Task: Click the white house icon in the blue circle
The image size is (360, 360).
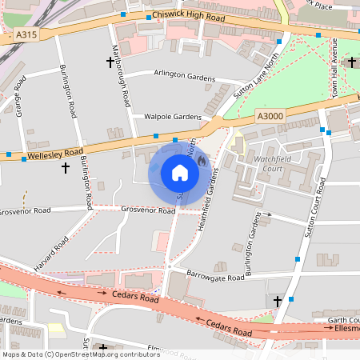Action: (x=180, y=173)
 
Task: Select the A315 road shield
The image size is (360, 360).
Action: (x=26, y=35)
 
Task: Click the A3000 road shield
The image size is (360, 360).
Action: (x=270, y=117)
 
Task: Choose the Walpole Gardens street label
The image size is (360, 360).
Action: (x=172, y=117)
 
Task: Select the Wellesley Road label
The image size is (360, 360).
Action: (x=55, y=151)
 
